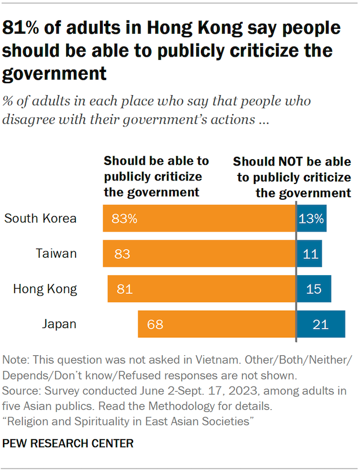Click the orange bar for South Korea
[199, 218]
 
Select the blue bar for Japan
[321, 324]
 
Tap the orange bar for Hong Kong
[201, 289]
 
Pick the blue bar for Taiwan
[309, 254]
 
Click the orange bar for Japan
[217, 324]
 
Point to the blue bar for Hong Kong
[314, 289]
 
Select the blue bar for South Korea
[312, 218]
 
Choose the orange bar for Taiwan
[199, 254]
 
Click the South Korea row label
[41, 218]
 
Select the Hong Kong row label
[45, 289]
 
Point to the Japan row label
[59, 324]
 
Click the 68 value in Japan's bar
[155, 324]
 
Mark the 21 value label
[321, 324]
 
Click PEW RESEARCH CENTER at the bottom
[69, 444]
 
